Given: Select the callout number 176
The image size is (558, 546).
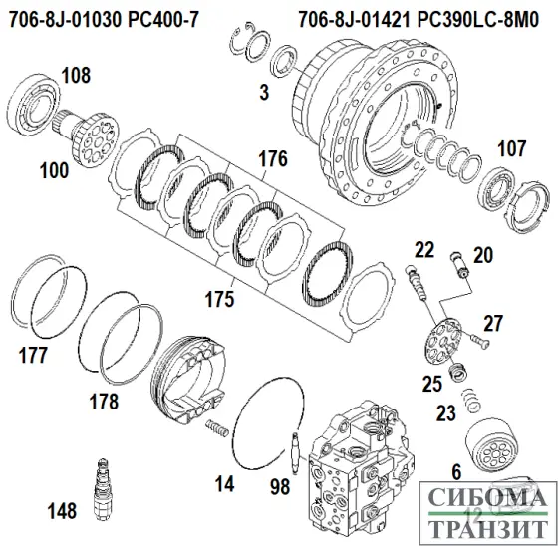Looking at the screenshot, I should [x=272, y=158].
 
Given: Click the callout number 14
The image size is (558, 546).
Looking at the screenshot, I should [x=227, y=483].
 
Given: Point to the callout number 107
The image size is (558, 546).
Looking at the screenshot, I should [x=513, y=151].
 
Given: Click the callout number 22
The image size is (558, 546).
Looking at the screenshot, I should [x=423, y=249].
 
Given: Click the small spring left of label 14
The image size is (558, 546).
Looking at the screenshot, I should [x=216, y=428].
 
